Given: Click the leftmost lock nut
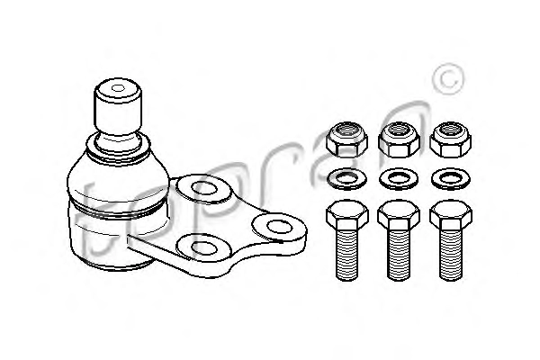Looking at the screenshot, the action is (x=346, y=139).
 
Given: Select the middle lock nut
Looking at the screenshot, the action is (x=399, y=139).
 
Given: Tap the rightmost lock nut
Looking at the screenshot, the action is (x=451, y=139).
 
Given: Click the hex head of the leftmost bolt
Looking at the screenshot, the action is (x=347, y=215).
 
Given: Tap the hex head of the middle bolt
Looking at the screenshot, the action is (x=399, y=215).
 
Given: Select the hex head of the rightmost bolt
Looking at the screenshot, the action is (x=451, y=215).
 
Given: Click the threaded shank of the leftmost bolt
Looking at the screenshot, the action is (x=347, y=255).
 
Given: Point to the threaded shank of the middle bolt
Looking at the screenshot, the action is (x=399, y=255).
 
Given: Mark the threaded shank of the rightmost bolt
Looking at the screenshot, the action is (x=451, y=255).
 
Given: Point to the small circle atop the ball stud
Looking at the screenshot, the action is (x=118, y=88).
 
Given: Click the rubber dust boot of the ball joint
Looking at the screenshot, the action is (x=118, y=179).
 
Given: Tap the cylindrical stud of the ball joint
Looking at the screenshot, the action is (x=118, y=107).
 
